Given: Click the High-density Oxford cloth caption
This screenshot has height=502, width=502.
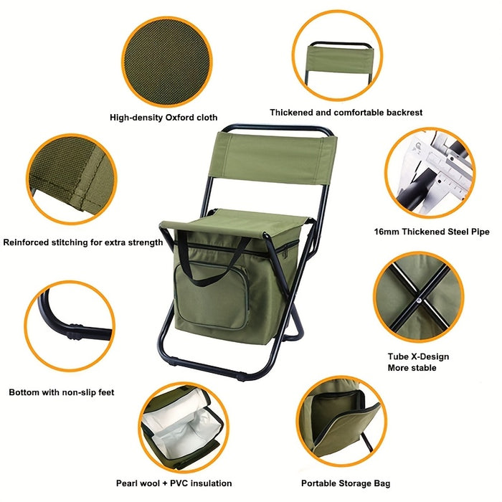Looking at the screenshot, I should [164, 117].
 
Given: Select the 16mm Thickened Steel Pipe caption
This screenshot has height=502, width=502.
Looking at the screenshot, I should [432, 232].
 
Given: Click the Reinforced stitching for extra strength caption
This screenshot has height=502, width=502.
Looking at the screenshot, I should [83, 242].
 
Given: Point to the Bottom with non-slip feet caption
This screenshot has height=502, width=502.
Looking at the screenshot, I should [62, 392].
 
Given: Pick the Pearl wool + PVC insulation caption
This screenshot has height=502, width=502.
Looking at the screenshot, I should [174, 483].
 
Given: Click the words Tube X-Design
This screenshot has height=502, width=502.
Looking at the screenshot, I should [418, 356].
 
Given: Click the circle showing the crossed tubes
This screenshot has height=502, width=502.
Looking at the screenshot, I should [418, 296].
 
